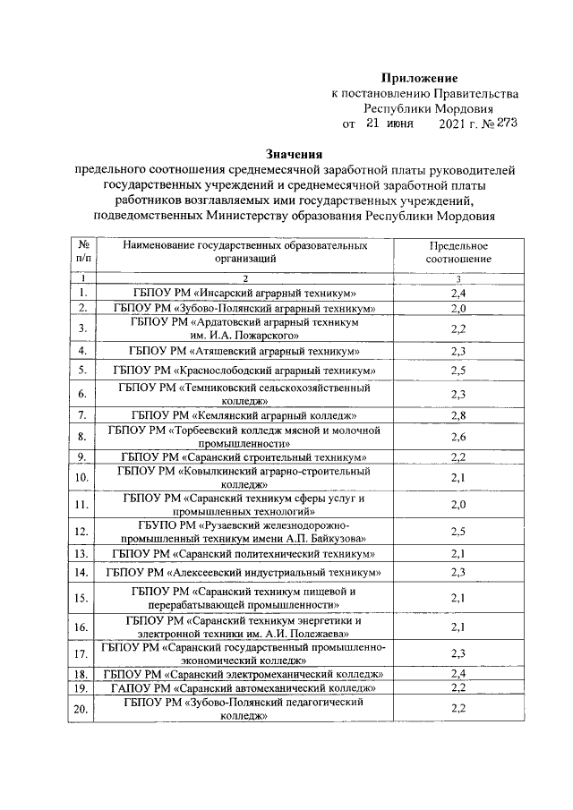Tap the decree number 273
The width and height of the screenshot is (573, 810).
(503, 124)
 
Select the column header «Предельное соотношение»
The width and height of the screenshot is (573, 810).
(458, 252)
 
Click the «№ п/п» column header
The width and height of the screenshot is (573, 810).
(82, 252)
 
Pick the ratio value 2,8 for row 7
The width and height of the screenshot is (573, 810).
(458, 415)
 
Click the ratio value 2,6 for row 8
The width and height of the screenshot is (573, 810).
(458, 437)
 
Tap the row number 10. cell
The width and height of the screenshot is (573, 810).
(82, 477)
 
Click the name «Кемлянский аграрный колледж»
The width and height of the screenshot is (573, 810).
(244, 415)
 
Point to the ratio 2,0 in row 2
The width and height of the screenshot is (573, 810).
(458, 308)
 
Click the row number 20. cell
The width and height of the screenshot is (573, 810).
(82, 710)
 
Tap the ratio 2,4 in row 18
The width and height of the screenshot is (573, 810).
(458, 673)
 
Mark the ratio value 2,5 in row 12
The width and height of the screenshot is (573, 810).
(458, 531)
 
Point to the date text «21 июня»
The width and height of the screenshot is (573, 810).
(389, 124)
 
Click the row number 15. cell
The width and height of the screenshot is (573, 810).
(82, 598)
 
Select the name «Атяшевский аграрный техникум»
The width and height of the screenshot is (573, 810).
(244, 350)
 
